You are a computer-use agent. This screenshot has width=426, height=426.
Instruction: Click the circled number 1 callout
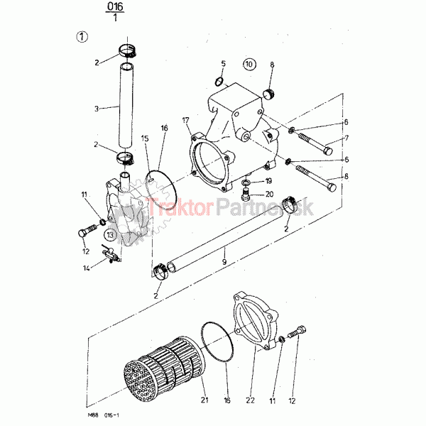(x=82, y=37)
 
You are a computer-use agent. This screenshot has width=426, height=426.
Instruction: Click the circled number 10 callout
(x=249, y=65)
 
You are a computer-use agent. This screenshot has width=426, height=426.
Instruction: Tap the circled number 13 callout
(x=110, y=234)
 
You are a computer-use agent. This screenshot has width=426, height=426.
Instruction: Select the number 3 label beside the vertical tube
(x=97, y=109)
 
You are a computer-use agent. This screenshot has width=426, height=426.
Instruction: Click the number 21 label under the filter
(x=204, y=400)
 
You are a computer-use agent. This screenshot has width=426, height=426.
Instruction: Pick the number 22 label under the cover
(x=250, y=400)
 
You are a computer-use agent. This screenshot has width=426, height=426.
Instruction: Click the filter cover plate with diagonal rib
(x=256, y=321)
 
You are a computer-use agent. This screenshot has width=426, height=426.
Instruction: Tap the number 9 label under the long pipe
(x=224, y=262)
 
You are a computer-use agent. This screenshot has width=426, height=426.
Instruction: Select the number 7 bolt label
(x=346, y=138)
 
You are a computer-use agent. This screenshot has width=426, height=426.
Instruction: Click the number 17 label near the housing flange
(x=185, y=121)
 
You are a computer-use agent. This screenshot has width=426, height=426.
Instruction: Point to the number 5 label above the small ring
(x=224, y=64)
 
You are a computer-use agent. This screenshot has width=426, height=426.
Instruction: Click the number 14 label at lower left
(x=86, y=268)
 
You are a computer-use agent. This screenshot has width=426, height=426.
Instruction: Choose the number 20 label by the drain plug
(x=269, y=194)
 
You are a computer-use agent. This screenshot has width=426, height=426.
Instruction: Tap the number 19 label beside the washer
(x=268, y=181)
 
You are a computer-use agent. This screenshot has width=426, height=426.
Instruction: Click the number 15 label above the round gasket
(x=145, y=138)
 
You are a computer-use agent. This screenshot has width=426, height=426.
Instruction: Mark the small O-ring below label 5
(x=219, y=82)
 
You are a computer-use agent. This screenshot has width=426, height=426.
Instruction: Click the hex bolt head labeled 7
(x=329, y=151)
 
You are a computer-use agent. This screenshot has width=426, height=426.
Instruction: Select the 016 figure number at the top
(x=115, y=6)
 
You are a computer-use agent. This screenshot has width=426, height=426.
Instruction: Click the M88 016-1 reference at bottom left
(x=104, y=415)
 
